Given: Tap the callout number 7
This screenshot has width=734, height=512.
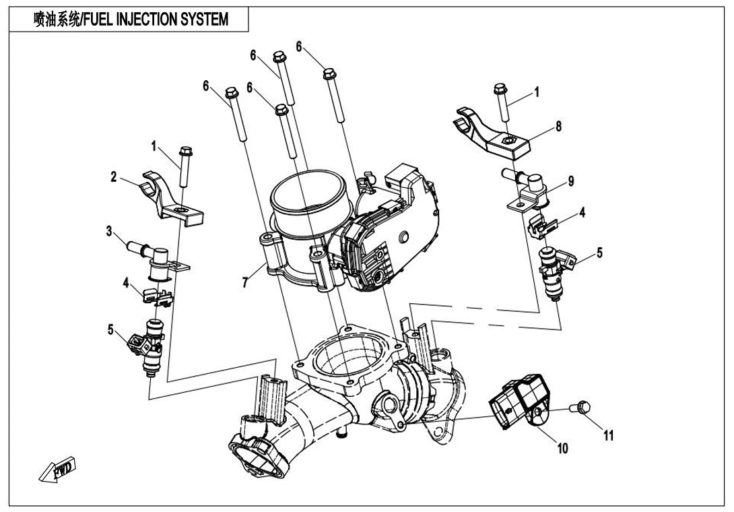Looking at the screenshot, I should click(x=247, y=281).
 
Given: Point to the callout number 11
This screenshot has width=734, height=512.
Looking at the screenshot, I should click(x=608, y=435).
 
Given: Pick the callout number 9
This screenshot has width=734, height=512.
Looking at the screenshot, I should click(x=570, y=181).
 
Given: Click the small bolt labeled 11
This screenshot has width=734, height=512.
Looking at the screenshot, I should click(x=582, y=406).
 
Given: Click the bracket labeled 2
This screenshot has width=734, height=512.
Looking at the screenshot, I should click(x=168, y=199).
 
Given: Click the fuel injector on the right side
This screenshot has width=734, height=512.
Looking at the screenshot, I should click(x=556, y=269).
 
